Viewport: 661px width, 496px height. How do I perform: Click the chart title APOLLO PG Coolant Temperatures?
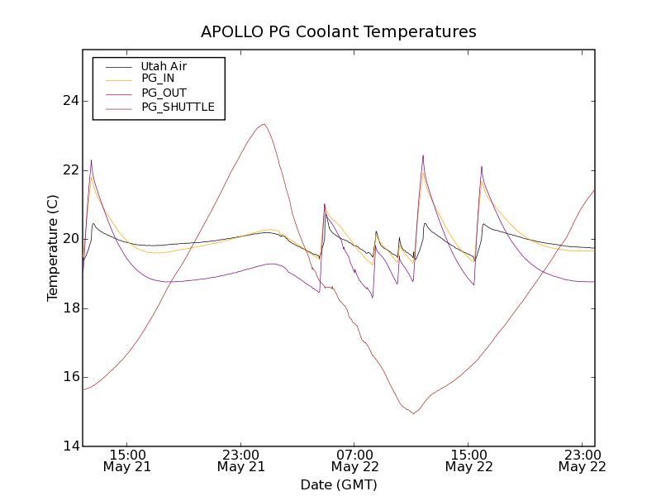click(x=339, y=32)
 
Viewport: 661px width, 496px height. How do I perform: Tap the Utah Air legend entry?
click(x=164, y=66)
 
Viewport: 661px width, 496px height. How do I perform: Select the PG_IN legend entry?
click(x=158, y=79)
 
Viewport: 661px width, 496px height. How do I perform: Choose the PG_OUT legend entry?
click(x=164, y=93)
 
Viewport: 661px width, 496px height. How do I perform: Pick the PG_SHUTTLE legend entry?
click(x=178, y=107)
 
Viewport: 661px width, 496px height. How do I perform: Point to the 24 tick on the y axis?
click(x=69, y=101)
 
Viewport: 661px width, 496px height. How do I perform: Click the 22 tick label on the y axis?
click(x=69, y=170)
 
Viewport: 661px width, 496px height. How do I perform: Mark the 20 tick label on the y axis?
click(x=69, y=239)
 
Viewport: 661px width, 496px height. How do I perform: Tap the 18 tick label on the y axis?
click(x=69, y=308)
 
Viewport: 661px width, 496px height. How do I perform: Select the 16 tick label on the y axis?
click(x=69, y=377)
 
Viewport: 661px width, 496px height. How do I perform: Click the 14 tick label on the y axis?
click(x=69, y=446)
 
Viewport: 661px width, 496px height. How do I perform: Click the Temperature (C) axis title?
click(x=53, y=248)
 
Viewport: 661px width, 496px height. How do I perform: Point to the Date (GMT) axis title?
click(x=339, y=484)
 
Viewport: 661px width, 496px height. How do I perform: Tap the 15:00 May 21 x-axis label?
click(x=127, y=460)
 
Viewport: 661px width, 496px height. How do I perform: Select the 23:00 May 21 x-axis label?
click(x=241, y=460)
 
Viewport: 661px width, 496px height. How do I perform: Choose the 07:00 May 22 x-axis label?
click(x=354, y=460)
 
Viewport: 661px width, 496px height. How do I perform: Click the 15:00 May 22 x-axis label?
click(x=468, y=460)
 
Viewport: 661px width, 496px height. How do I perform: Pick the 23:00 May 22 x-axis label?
click(x=582, y=460)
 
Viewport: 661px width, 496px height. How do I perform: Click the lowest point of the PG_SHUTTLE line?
click(x=413, y=413)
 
